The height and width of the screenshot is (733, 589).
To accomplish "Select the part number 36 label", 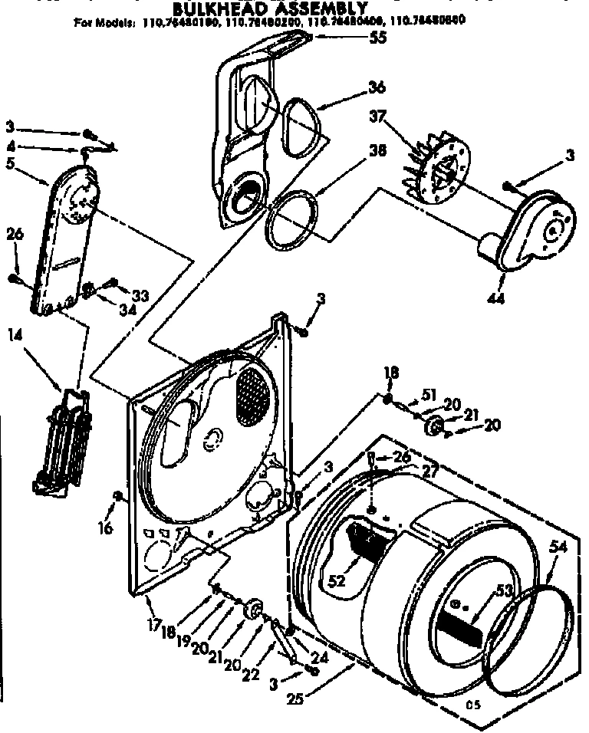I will (376, 87).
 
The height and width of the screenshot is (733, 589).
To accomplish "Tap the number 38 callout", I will (376, 151).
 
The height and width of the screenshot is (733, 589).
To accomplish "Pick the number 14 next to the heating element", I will (15, 334).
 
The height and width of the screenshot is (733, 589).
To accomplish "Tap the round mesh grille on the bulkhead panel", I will (252, 396).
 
